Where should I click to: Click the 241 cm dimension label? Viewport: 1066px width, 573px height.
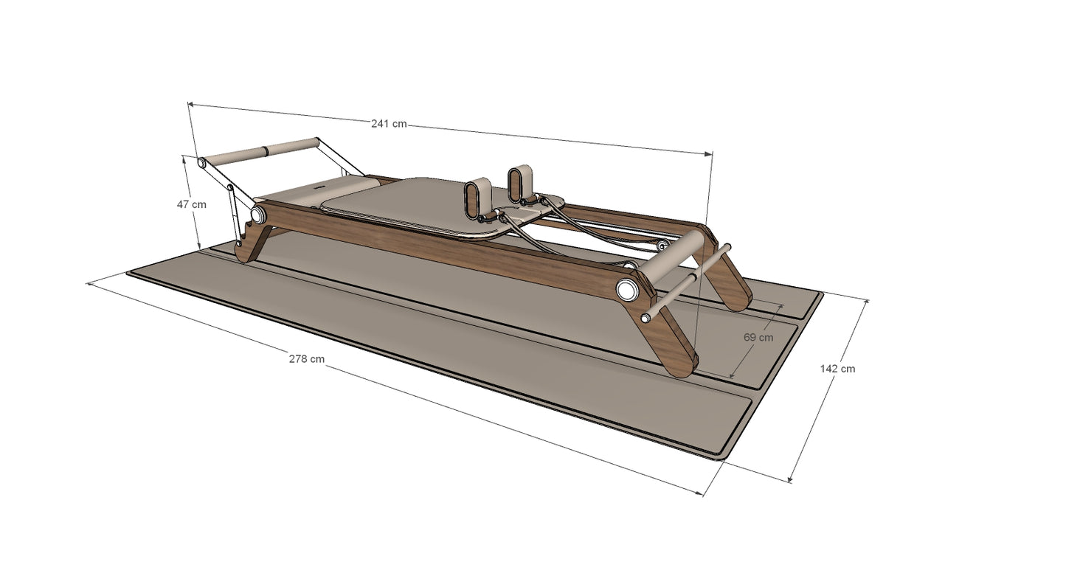tap(389, 124)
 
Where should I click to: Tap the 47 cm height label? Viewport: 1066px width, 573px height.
tap(191, 205)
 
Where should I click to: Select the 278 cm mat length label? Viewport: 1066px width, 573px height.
tap(306, 359)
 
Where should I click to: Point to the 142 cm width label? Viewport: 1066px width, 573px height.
tap(837, 369)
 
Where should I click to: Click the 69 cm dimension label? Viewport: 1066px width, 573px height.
tap(758, 338)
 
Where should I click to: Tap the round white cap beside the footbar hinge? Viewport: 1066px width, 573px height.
tap(257, 214)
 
